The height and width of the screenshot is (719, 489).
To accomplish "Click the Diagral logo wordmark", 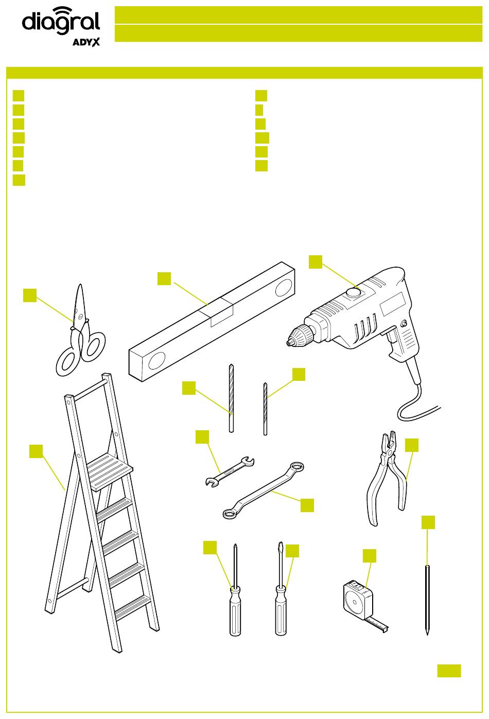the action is point(61,21).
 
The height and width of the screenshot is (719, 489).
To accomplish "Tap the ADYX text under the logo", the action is point(86,42).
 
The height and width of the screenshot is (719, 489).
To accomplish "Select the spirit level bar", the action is point(212,322).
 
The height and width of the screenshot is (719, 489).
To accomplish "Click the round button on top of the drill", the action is point(353,292).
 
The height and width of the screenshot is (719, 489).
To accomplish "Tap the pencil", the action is point(427,600).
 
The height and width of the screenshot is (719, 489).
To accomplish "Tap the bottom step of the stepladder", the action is point(133,607).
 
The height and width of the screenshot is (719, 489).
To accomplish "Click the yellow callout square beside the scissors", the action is point(30,295).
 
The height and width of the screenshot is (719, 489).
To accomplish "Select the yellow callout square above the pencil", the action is point(428,522).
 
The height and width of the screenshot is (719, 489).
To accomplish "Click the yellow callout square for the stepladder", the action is point(36,451).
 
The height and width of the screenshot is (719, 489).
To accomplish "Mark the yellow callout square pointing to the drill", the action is point(316,262).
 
